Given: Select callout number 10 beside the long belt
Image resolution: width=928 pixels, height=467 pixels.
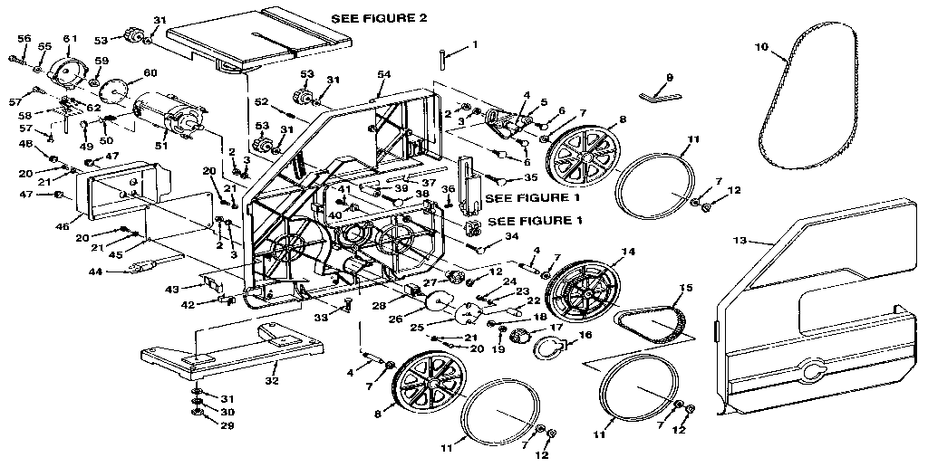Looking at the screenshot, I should click(760, 44).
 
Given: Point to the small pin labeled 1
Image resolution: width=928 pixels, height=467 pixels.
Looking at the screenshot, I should click(443, 59).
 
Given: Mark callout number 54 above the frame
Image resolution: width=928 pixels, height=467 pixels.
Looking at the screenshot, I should click(384, 73).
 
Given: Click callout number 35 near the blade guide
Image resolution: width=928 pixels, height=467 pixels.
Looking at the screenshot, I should click(531, 178).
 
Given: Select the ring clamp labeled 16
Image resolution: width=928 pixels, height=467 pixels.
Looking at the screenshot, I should click(546, 347).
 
